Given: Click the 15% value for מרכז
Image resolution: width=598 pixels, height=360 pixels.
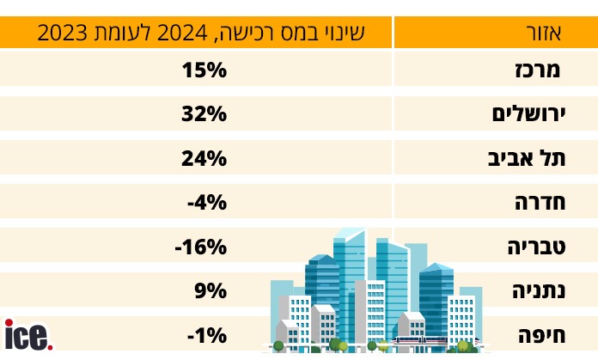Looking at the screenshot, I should [x=204, y=69].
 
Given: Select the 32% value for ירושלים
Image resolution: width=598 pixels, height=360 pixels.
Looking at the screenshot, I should [x=204, y=113].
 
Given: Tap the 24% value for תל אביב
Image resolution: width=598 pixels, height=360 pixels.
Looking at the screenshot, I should [x=204, y=158].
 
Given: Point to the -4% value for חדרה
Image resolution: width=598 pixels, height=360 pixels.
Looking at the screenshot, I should [x=206, y=203].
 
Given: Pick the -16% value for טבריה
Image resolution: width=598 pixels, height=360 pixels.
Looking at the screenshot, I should [x=200, y=247].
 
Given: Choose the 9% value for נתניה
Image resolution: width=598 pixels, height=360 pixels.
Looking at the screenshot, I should [x=210, y=291].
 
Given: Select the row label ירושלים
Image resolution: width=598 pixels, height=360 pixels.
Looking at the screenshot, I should [x=526, y=113].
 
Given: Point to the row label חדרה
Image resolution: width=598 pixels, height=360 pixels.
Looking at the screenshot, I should [x=538, y=203].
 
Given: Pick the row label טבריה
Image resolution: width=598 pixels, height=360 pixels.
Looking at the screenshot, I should [x=534, y=247].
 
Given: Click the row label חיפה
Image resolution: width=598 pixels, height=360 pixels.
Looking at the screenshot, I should [x=539, y=336].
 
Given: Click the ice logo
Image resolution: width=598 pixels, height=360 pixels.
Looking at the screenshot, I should [x=26, y=335].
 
